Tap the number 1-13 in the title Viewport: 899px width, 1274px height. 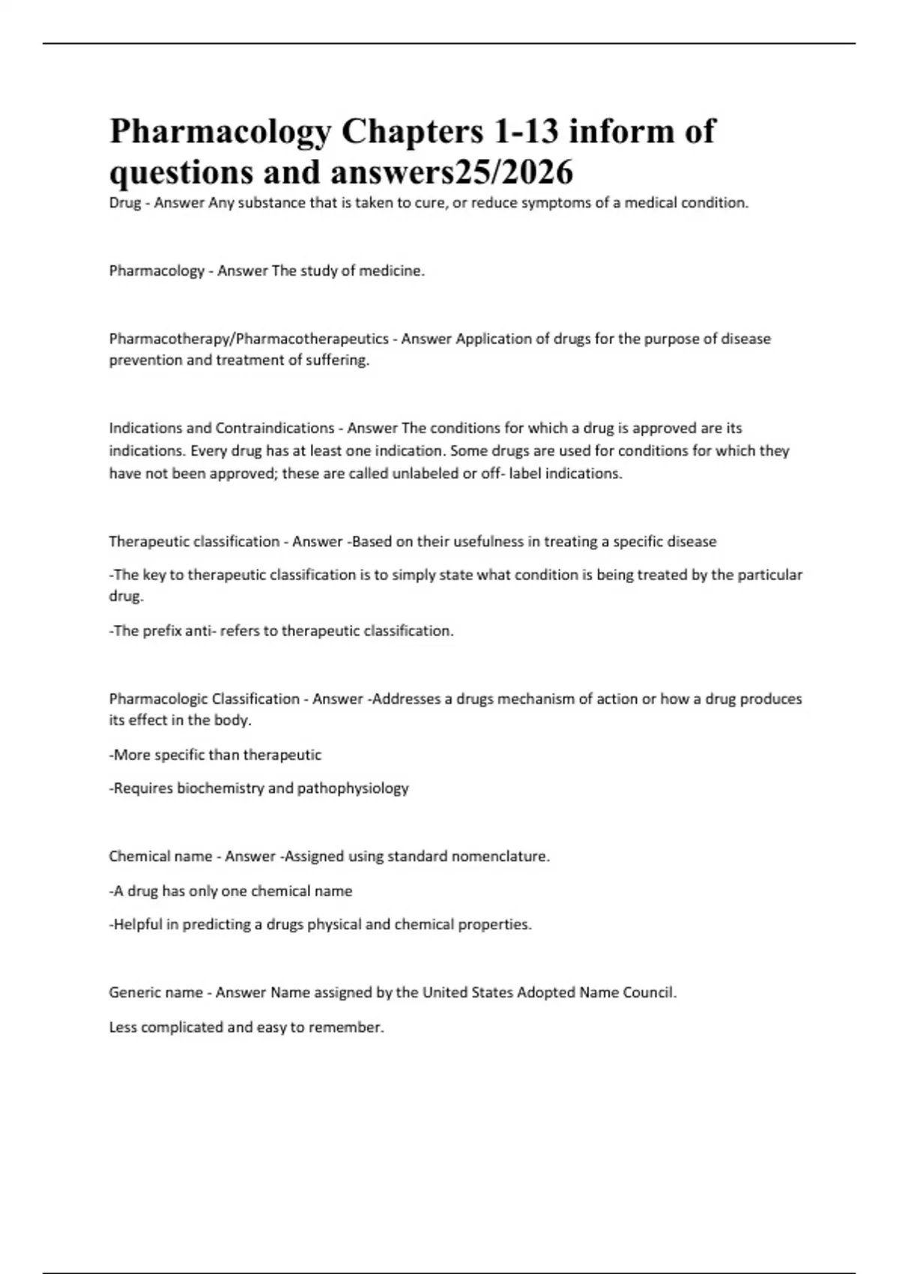pyautogui.click(x=526, y=131)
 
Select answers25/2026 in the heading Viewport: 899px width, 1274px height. pyautogui.click(x=452, y=172)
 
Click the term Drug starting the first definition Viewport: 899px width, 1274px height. pyautogui.click(x=125, y=203)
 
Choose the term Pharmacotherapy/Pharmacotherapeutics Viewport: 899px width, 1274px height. pyautogui.click(x=249, y=339)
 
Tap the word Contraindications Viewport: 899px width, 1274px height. pyautogui.click(x=275, y=428)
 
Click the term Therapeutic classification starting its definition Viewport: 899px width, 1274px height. pyautogui.click(x=194, y=542)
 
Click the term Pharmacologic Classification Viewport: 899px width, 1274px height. pyautogui.click(x=204, y=699)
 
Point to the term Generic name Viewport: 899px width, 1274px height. pyautogui.click(x=156, y=993)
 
